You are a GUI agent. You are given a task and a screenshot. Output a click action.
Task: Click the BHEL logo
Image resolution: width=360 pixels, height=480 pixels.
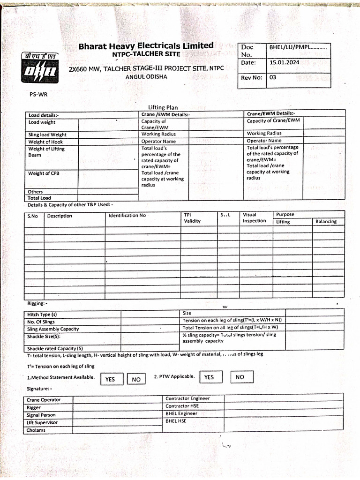coord(39,68)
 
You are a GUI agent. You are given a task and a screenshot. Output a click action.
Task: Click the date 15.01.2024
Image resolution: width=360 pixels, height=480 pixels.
coord(284,62)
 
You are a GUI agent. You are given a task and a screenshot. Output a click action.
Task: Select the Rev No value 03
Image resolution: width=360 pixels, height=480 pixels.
coord(273,77)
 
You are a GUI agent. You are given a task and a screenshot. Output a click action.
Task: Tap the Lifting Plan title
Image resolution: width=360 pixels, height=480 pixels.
coord(163,107)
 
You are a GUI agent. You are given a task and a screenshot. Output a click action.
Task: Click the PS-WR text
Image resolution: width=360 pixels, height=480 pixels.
coord(38,94)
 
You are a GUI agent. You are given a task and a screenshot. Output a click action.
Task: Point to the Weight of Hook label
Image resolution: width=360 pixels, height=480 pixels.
coord(45,142)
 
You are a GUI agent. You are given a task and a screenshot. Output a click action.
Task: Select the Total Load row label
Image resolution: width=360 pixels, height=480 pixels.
coord(39,198)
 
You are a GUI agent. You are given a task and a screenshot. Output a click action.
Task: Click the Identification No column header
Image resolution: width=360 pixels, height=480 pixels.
coord(127,216)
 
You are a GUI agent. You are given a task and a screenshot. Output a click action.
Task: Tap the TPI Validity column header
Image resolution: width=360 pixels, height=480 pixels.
coord(192,218)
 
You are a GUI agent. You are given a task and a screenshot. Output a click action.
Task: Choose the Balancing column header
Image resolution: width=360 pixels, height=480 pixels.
coord(326,221)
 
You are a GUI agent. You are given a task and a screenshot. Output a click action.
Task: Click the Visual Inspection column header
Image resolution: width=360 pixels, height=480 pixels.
coord(254,218)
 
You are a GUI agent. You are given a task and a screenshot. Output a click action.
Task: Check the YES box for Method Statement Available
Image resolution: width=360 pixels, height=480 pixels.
coord(111,379)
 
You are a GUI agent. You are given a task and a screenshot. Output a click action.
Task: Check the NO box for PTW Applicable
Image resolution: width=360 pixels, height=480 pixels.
coord(240,377)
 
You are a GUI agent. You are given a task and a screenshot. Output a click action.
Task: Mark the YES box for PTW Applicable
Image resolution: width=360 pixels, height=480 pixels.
coord(209,377)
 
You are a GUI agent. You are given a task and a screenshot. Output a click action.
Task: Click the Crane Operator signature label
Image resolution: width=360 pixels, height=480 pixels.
coord(44,400)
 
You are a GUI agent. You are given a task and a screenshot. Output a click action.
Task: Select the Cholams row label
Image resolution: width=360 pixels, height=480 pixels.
coord(36,430)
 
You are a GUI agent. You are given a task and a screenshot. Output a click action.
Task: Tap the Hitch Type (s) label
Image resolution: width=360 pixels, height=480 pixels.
coord(42,315)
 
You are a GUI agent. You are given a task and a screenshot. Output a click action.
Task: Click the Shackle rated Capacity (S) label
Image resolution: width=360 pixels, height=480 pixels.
coord(55,348)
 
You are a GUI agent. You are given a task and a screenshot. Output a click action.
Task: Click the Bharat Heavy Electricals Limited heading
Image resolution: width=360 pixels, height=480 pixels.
coord(146,46)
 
